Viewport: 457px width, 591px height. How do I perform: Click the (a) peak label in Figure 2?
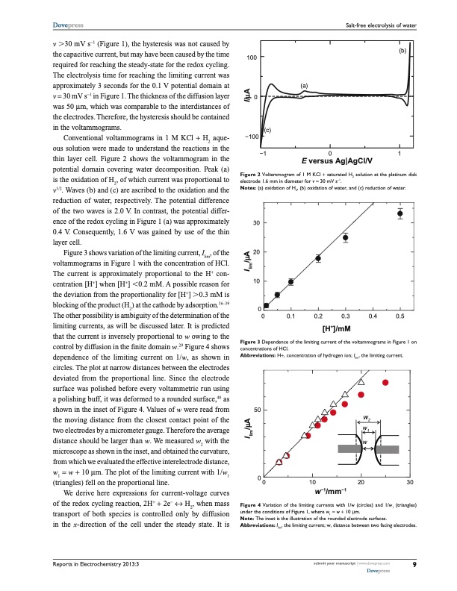[x=305, y=86]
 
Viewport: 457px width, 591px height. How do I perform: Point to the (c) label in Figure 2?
[x=266, y=131]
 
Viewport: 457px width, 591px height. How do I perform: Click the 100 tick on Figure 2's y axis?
[x=253, y=57]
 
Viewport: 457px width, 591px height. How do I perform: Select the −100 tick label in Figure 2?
[x=250, y=137]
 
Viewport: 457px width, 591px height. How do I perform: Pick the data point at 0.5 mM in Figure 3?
[x=400, y=213]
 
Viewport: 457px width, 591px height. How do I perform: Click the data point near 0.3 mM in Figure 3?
[x=345, y=238]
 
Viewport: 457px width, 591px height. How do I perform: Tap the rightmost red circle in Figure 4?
[x=386, y=382]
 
